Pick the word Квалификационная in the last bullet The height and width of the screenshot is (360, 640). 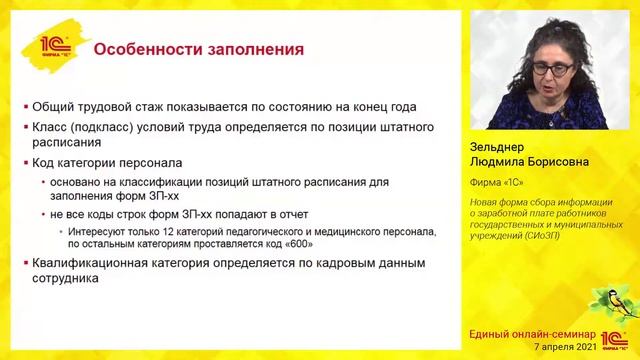click(x=97, y=263)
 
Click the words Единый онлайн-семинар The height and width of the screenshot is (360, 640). click(x=533, y=334)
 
